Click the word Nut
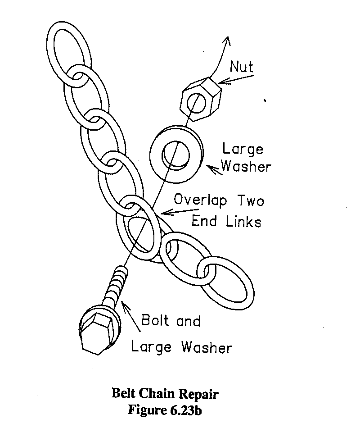(241, 67)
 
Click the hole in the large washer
(176, 155)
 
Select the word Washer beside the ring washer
(246, 167)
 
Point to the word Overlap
(200, 200)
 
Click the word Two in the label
(251, 200)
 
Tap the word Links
(243, 221)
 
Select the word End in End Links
(204, 221)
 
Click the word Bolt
(155, 320)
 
